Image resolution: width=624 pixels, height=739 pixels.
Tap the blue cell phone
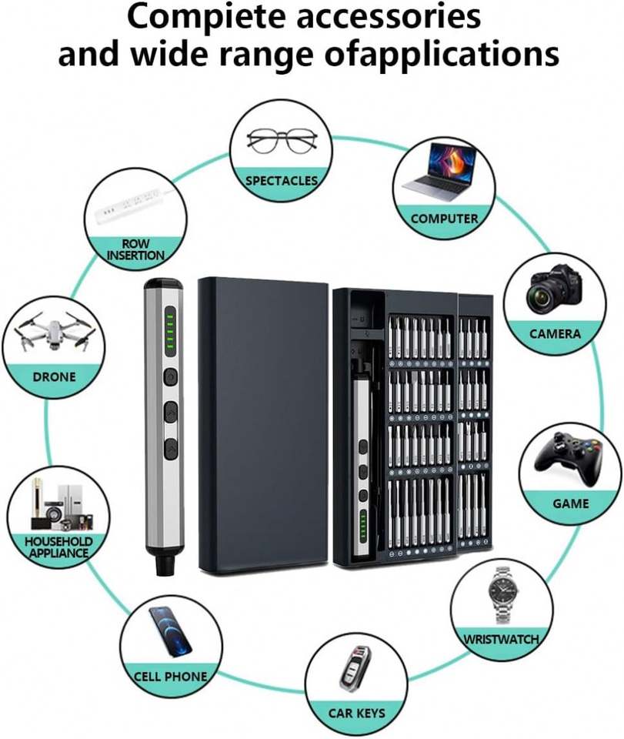(x=171, y=631)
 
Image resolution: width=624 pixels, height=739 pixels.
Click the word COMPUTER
(x=444, y=219)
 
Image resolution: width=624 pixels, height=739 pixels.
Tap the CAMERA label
(x=555, y=334)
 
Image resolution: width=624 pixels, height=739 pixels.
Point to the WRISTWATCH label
(x=501, y=639)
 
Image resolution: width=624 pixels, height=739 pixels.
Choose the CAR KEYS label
(x=356, y=713)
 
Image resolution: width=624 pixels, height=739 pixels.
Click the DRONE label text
(x=54, y=377)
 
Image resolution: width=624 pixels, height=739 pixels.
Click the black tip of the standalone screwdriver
(x=164, y=565)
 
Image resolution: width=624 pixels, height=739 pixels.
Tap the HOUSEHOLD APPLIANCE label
(x=58, y=547)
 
